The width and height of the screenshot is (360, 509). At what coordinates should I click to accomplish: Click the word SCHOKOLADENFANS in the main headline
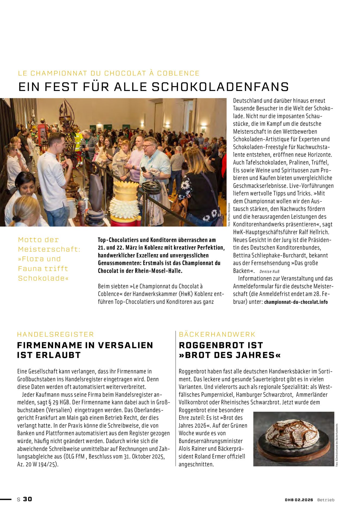pyautogui.click(x=220, y=87)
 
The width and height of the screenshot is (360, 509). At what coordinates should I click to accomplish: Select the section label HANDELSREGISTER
pyautogui.click(x=55, y=334)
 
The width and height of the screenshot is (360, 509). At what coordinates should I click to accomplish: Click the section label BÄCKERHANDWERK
pyautogui.click(x=217, y=334)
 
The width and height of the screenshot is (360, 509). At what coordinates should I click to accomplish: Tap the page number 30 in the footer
pyautogui.click(x=27, y=499)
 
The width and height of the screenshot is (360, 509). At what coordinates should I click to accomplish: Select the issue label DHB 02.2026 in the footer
pyautogui.click(x=299, y=500)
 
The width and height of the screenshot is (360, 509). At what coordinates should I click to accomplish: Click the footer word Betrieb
pyautogui.click(x=326, y=500)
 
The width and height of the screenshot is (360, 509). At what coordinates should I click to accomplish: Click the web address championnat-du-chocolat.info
pyautogui.click(x=296, y=302)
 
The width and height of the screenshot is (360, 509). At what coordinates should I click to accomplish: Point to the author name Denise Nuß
pyautogui.click(x=269, y=271)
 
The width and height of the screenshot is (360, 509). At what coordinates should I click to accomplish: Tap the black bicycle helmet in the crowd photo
pyautogui.click(x=151, y=187)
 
